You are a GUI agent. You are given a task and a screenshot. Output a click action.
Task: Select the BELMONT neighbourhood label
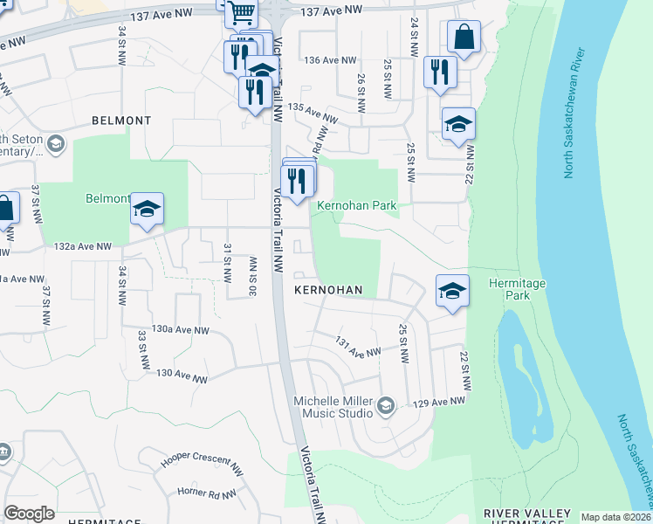click(123, 121)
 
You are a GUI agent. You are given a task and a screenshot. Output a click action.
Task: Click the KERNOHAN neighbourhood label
click(327, 289)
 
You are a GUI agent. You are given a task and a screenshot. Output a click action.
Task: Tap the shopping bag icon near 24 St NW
click(464, 38)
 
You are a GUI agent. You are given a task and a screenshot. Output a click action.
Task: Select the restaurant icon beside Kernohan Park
click(296, 181)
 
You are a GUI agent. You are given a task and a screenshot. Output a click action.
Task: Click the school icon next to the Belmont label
click(147, 208)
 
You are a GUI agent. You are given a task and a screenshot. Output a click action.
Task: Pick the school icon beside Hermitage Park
click(452, 291)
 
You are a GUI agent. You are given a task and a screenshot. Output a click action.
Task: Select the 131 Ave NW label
click(360, 346)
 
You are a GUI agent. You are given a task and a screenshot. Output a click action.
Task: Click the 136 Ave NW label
click(332, 60)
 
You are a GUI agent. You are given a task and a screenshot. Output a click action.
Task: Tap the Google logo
click(29, 514)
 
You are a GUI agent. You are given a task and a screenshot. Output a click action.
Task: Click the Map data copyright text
click(615, 517)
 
